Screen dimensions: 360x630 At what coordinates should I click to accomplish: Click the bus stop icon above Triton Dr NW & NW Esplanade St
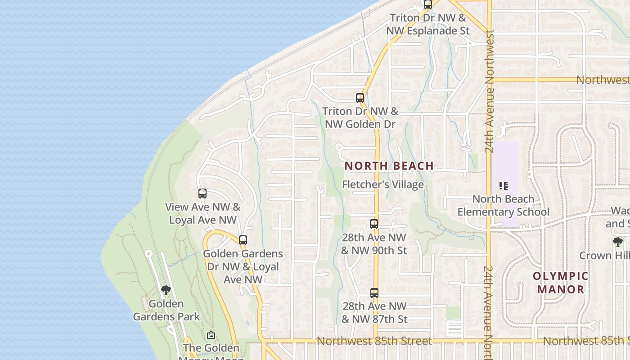pyautogui.click(x=428, y=4)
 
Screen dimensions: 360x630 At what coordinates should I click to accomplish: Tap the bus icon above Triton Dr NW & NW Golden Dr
pyautogui.click(x=360, y=98)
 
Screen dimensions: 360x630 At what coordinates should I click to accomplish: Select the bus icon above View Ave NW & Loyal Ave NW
pyautogui.click(x=202, y=193)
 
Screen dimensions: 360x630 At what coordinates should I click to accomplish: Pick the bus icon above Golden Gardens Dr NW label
pyautogui.click(x=243, y=240)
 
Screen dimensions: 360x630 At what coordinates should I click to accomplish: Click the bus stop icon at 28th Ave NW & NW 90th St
pyautogui.click(x=374, y=224)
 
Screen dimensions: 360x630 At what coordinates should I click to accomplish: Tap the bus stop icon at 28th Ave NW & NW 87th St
pyautogui.click(x=374, y=293)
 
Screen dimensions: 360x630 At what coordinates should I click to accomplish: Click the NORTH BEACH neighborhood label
pyautogui.click(x=389, y=166)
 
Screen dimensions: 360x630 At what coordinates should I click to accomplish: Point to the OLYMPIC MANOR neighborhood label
pyautogui.click(x=561, y=283)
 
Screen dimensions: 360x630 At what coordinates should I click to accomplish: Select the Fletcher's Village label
pyautogui.click(x=383, y=184)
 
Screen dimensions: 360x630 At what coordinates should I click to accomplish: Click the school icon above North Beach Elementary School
pyautogui.click(x=504, y=185)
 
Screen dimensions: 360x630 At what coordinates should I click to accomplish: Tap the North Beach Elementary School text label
pyautogui.click(x=504, y=205)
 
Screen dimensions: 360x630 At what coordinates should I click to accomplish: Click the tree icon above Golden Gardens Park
pyautogui.click(x=166, y=290)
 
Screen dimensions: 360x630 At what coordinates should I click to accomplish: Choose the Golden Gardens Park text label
pyautogui.click(x=166, y=310)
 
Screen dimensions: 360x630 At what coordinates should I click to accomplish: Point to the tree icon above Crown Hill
pyautogui.click(x=618, y=242)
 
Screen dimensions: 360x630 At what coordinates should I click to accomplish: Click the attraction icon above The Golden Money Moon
pyautogui.click(x=211, y=335)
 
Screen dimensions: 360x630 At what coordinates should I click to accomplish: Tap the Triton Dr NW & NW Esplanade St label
pyautogui.click(x=428, y=24)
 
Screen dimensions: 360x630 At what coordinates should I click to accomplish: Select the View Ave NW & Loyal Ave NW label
pyautogui.click(x=202, y=214)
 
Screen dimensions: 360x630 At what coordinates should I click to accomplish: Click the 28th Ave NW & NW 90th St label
pyautogui.click(x=374, y=244)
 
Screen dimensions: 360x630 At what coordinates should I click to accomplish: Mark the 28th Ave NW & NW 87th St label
pyautogui.click(x=374, y=313)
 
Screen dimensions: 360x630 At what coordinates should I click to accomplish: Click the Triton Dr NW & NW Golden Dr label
pyautogui.click(x=360, y=117)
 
